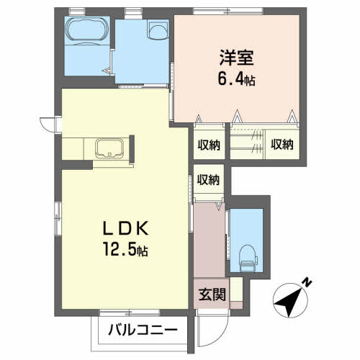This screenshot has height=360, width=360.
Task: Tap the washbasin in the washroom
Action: click(x=158, y=30)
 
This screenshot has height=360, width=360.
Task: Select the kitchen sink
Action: click(x=109, y=148)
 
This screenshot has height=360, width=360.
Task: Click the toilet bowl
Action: click(x=248, y=258)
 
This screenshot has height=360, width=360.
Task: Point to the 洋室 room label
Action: click(x=237, y=58)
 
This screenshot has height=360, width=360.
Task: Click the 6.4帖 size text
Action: click(x=236, y=79)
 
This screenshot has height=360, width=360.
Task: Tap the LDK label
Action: click(x=125, y=228)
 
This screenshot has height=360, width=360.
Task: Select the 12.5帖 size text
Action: click(x=125, y=249)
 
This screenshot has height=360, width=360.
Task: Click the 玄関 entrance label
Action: click(x=212, y=294)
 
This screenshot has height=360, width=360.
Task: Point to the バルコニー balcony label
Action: click(x=143, y=330)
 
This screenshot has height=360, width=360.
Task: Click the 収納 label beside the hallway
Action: click(x=208, y=180)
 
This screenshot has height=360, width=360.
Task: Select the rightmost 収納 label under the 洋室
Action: click(x=282, y=145)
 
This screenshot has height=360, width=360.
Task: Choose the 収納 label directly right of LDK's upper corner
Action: click(x=209, y=145)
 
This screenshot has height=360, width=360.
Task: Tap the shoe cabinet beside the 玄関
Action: click(x=236, y=289)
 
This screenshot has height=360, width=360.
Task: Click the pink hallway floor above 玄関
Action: click(x=209, y=240)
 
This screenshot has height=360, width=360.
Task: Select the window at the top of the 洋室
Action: click(x=228, y=11)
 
